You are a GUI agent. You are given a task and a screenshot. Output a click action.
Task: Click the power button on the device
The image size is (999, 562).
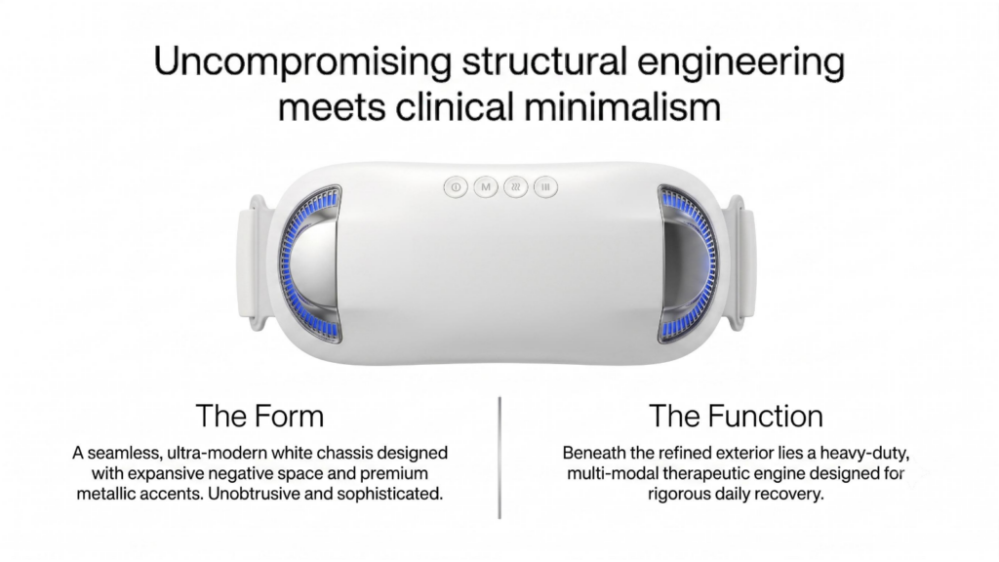456,187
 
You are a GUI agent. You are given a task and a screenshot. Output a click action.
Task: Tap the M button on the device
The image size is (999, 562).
486,187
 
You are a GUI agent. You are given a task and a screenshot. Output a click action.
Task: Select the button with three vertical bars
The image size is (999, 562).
545,187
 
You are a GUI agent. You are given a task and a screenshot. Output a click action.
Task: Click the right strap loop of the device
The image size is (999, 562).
742,262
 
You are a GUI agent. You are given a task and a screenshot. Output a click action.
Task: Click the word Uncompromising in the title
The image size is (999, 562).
302,62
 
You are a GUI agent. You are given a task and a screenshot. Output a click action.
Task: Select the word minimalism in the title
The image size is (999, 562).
622,106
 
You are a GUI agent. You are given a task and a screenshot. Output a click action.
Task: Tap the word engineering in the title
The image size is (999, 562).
741,62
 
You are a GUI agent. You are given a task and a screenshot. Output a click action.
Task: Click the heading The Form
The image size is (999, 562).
260,416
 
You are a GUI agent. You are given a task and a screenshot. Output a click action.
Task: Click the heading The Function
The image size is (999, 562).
736,416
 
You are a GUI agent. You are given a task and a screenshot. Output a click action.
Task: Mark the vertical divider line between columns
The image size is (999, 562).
499,458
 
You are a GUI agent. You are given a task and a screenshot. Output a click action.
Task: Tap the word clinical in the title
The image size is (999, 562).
455,106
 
